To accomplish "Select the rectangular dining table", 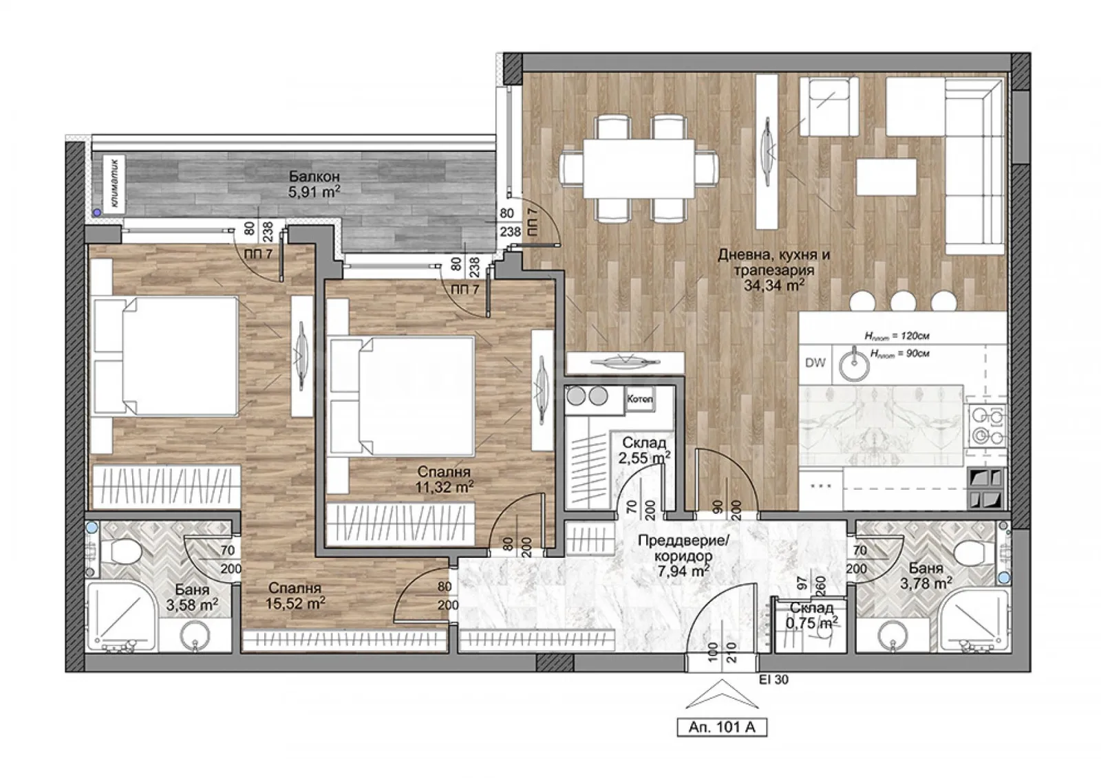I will click(639, 169).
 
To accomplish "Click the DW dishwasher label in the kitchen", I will click(815, 363).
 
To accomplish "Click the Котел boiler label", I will click(639, 400).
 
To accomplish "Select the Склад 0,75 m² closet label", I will click(812, 615).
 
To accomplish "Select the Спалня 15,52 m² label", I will click(295, 596).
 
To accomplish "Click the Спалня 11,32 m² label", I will click(445, 479).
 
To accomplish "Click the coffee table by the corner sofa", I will click(886, 177).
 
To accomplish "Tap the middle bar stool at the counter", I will click(901, 302).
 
